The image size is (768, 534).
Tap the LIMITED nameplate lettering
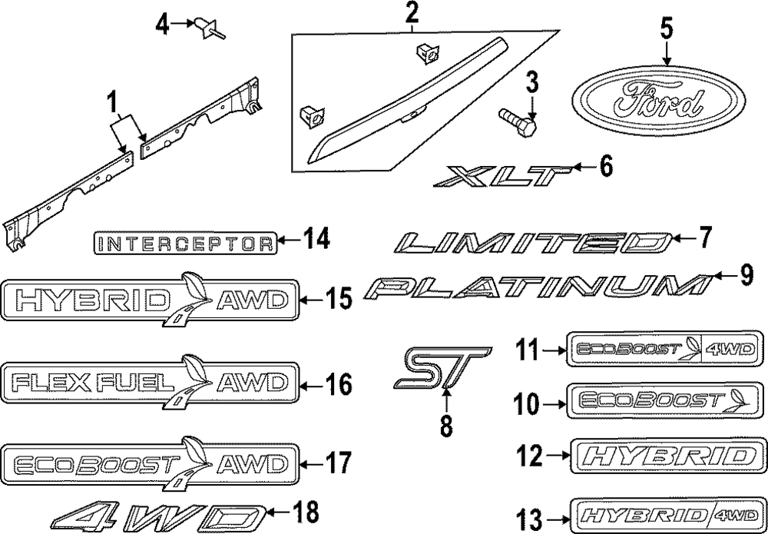pyautogui.click(x=531, y=244)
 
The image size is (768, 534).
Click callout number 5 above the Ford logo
pyautogui.click(x=665, y=29)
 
